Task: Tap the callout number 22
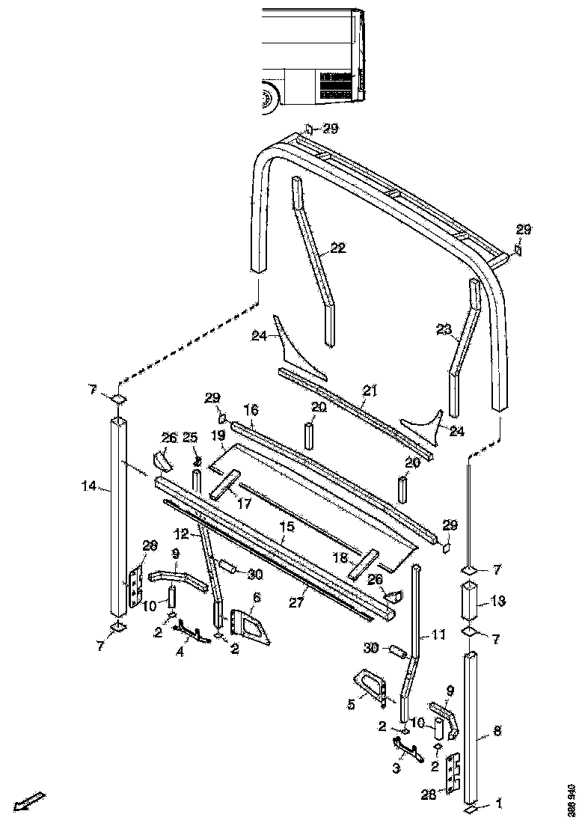338,248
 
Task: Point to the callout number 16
251,409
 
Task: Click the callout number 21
370,391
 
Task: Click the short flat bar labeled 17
226,484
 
